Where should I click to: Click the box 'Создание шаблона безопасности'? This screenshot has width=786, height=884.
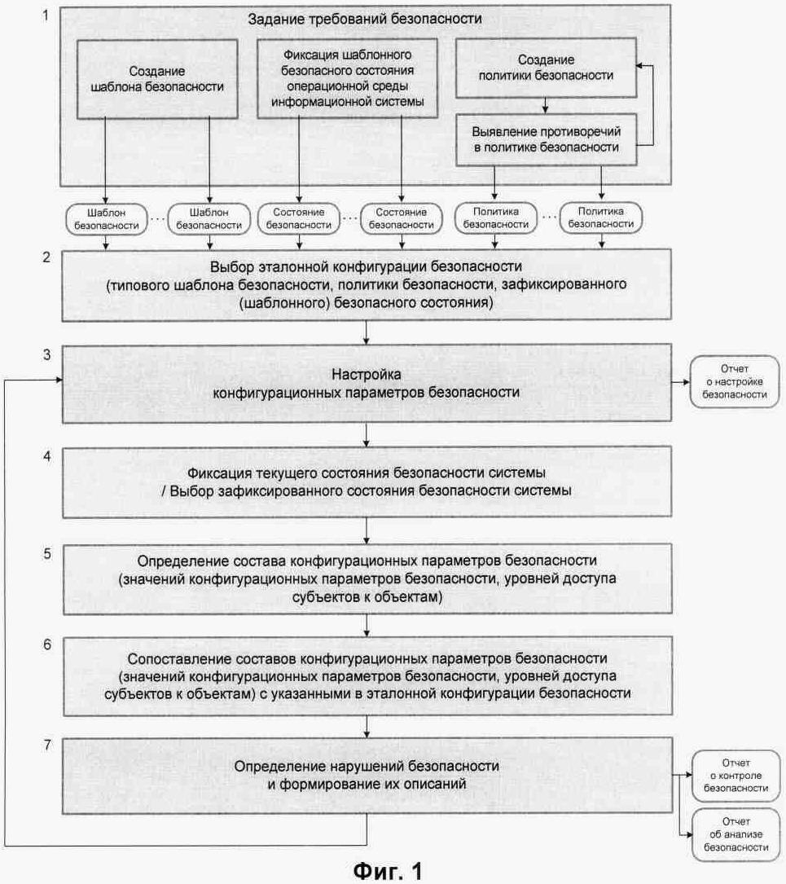157,77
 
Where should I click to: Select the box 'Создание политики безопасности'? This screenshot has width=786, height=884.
544,68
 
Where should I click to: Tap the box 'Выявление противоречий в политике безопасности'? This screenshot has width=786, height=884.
544,139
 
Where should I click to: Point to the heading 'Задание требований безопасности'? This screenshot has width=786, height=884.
367,18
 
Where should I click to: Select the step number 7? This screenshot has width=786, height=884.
47,745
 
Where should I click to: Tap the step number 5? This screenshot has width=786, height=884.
47,553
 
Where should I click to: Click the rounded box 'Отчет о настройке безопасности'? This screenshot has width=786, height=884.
729,383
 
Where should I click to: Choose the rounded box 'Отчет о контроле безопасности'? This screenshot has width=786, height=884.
729,776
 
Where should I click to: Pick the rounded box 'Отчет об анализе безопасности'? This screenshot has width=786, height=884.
729,835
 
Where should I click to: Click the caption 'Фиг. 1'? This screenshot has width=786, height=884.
388,869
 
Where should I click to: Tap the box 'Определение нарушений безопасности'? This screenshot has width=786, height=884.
367,776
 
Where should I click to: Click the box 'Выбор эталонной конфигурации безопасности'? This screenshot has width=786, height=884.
367,285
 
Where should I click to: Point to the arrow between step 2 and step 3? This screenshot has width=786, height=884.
367,332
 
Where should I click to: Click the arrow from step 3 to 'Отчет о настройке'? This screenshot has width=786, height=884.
681,383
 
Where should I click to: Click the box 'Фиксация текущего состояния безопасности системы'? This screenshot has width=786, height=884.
367,482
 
